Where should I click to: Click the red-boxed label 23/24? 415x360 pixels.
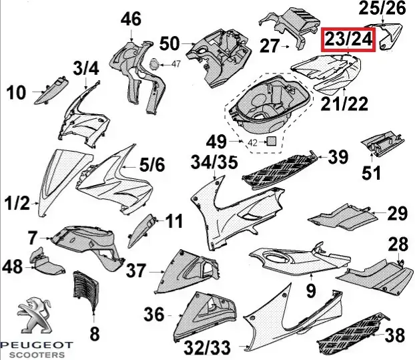347,40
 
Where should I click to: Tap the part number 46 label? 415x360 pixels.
130,19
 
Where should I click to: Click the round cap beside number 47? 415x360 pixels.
154,65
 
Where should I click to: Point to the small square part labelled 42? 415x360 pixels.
272,140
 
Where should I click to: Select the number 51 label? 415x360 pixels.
371,173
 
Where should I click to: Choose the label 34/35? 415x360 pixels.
214,162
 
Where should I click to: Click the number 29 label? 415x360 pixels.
398,214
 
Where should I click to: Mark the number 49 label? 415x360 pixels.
218,142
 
